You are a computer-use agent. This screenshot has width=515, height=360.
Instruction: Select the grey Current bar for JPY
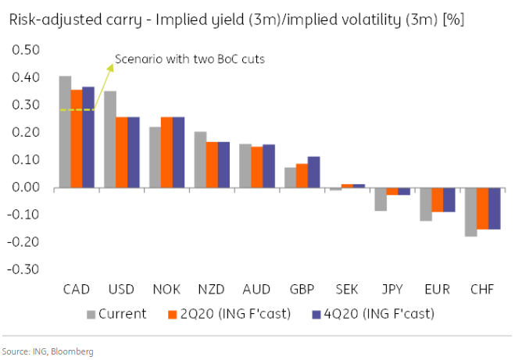point(381,199)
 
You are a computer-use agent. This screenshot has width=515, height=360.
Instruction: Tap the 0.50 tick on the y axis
point(27,50)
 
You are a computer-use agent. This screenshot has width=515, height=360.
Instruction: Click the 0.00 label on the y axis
point(27,187)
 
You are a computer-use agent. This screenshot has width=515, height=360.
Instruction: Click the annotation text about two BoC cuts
point(189,59)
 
